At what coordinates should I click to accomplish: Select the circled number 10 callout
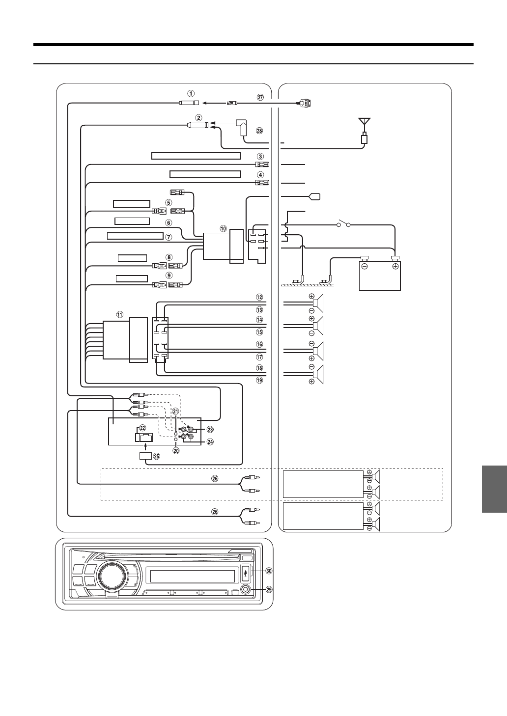[224, 228]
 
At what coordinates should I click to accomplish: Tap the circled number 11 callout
[119, 314]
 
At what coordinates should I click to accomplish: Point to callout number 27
[261, 97]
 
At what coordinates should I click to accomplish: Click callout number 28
[259, 130]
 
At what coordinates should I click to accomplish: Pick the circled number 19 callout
[259, 380]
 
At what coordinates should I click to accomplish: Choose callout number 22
[143, 427]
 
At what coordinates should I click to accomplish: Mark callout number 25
[157, 456]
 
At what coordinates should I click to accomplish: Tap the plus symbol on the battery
[394, 267]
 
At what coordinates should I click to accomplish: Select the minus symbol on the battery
[366, 267]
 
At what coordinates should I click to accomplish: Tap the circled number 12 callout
[259, 297]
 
